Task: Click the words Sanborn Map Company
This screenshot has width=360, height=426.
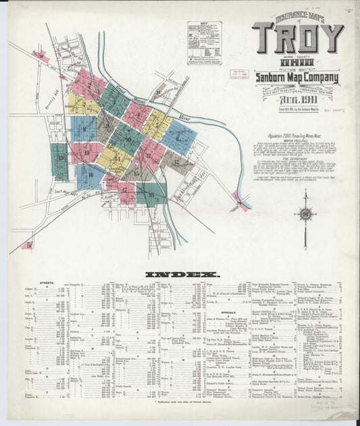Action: pyautogui.click(x=298, y=77)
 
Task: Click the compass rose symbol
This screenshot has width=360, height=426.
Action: pyautogui.click(x=305, y=215)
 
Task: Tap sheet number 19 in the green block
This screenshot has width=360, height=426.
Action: pyautogui.click(x=61, y=159)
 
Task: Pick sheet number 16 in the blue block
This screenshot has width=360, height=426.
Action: pyautogui.click(x=89, y=175)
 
